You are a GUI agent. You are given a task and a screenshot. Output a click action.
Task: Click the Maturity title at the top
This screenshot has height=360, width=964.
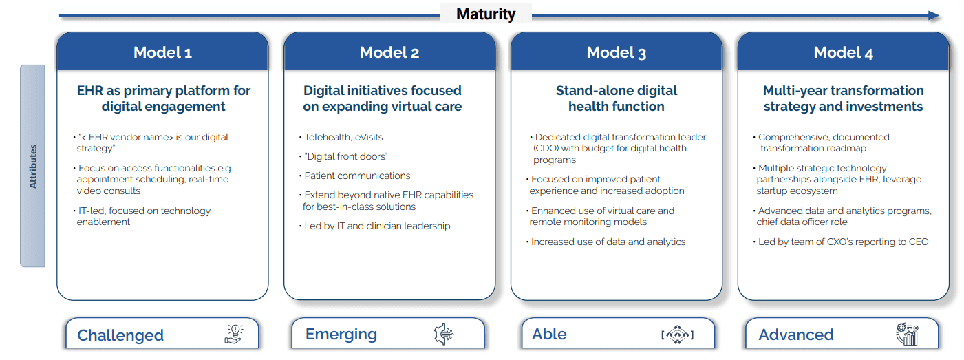486,14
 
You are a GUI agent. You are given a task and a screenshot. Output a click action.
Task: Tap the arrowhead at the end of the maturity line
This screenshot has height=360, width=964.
933,15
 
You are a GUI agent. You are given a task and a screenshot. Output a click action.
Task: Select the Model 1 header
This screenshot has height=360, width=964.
162,53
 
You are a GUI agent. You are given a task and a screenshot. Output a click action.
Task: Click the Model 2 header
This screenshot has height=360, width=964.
389,53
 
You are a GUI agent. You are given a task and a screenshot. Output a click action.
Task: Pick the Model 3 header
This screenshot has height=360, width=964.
617,53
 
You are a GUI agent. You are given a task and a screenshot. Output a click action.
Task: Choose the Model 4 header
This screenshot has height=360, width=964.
843,53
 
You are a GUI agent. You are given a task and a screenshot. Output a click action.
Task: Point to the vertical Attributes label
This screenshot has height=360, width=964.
32,166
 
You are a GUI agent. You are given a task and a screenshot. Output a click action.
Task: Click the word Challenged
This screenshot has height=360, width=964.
120,335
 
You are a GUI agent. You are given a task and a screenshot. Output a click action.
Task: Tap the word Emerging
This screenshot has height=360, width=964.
341,335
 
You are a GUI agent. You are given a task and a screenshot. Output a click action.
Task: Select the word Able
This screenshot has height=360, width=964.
549,335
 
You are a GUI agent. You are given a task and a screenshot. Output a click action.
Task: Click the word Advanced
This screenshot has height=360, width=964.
796,335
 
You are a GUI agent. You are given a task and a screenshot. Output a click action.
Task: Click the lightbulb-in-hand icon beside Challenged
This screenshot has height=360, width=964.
235,335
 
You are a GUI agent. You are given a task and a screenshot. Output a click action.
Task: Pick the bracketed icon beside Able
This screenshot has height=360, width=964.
677,335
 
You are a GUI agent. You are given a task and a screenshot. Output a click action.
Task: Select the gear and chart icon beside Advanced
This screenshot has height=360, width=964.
907,335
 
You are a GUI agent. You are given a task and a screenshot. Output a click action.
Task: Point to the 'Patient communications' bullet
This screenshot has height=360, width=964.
357,176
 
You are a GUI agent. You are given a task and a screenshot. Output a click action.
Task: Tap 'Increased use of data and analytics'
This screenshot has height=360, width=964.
608,242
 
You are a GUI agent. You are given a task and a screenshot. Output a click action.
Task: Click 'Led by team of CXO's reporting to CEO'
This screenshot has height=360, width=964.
843,242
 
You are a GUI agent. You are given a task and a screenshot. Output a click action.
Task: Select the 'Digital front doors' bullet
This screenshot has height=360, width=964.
346,156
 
